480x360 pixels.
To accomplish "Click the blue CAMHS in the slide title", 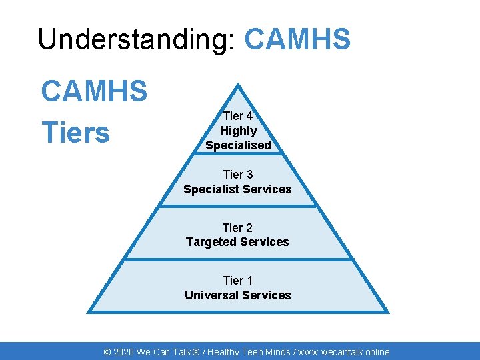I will (x=297, y=39).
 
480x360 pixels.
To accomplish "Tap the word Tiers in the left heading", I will (x=75, y=133).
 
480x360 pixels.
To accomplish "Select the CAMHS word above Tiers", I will (x=94, y=91).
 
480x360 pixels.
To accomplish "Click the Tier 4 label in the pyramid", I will (x=237, y=117).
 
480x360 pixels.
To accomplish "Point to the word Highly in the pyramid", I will (x=238, y=131).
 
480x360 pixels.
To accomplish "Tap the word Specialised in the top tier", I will (x=238, y=145).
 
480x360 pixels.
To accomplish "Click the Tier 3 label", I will (x=238, y=175).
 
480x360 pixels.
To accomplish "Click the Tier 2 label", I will (x=237, y=228).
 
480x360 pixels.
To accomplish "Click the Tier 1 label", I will (x=237, y=281).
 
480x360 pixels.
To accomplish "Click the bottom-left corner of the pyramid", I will (x=89, y=311).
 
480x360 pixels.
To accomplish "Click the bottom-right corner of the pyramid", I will (x=387, y=311).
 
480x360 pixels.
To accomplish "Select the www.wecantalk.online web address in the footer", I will (x=343, y=352).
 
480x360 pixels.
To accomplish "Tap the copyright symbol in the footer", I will (x=107, y=352).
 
